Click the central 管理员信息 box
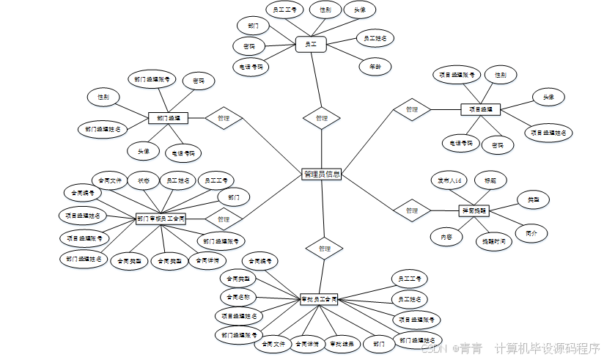coord(321,175)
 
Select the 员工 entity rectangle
coord(311,45)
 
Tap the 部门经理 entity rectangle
coord(169,117)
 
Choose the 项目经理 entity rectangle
coord(480,109)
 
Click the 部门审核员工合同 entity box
coord(161,218)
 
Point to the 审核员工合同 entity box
coord(320,299)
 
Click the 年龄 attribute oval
coord(375,66)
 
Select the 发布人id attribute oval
coord(449,180)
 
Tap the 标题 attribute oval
coord(490,180)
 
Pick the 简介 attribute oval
coord(531,234)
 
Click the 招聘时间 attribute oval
coord(493,240)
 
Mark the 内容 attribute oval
coord(446,237)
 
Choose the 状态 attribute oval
coord(143,180)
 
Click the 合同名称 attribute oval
coord(238,298)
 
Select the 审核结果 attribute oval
coord(340,343)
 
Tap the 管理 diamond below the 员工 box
coord(321,117)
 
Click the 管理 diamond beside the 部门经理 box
coord(224,117)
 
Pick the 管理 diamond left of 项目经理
coord(412,109)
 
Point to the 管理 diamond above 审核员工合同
coord(324,249)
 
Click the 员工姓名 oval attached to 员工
coord(375,37)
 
